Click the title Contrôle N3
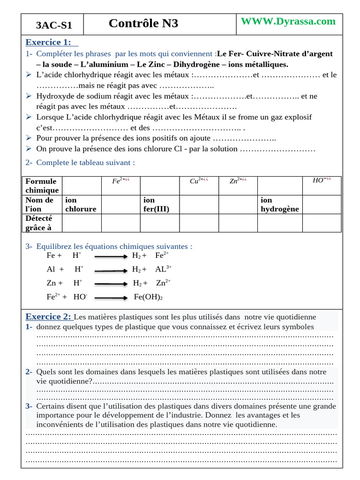point(143,23)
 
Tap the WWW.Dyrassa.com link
point(288,21)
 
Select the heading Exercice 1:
point(48,42)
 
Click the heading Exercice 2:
point(48,316)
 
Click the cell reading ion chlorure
point(81,204)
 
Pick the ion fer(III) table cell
point(156,204)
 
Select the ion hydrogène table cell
point(279,204)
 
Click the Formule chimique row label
point(42,186)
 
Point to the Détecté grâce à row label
point(39,223)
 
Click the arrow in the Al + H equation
point(111,270)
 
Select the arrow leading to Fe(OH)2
point(111,298)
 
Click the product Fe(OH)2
point(148,297)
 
